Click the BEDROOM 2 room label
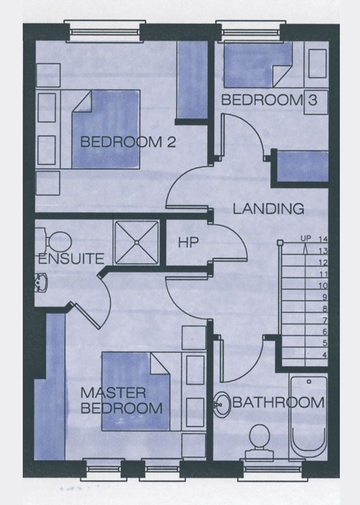coord(128,142)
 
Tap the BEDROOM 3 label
coord(270,100)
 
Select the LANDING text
coord(268,209)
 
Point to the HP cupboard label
coord(188,242)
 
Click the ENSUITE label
coord(71,259)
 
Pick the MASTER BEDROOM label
coord(121,400)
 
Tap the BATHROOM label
coord(278,403)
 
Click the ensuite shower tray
coord(136,242)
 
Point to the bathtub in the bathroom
coord(309,416)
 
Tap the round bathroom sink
coord(222,405)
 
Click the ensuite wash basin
coord(41,282)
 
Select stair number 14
coord(323,239)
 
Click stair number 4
coord(325,355)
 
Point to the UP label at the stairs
coord(306,239)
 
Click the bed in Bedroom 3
coord(258,64)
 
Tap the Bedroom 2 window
coord(105,32)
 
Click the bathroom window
coord(273,470)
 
